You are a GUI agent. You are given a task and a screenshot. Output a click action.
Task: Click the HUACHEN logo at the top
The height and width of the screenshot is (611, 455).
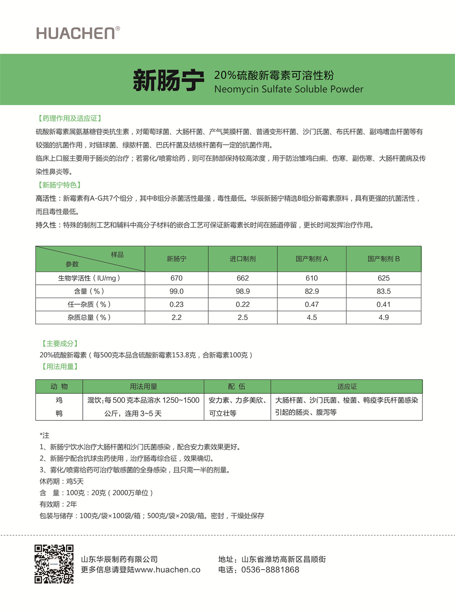(x=78, y=33)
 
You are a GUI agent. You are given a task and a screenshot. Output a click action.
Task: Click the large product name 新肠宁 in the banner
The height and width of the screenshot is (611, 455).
(x=168, y=80)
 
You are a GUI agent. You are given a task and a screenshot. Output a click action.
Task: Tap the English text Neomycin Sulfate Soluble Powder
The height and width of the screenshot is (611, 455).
(x=288, y=89)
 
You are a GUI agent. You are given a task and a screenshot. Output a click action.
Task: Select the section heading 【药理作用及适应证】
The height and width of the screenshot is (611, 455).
(x=69, y=118)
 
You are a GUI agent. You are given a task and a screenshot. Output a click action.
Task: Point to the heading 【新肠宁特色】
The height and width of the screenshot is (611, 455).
(x=59, y=185)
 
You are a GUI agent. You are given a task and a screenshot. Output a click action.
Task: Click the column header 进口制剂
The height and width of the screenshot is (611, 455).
(x=243, y=259)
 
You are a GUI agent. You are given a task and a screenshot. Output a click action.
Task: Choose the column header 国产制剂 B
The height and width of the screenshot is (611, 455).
(x=384, y=259)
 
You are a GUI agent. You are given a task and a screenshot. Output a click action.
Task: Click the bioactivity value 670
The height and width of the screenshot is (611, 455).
(x=177, y=278)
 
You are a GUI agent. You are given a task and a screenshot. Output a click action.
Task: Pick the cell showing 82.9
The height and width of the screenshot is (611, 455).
(x=312, y=291)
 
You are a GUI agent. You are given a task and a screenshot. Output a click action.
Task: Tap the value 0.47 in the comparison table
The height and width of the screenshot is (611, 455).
(x=312, y=305)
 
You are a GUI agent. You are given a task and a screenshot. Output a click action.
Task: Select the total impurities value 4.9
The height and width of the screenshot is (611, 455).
(x=384, y=317)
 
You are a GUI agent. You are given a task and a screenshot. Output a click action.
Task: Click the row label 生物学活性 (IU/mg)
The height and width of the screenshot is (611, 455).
(x=89, y=278)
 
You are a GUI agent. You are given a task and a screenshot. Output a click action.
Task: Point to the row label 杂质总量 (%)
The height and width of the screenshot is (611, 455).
(x=89, y=317)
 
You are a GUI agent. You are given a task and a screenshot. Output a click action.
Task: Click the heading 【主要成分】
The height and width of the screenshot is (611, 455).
(x=60, y=344)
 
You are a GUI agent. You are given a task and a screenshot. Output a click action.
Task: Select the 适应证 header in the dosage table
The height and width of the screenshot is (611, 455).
(x=347, y=386)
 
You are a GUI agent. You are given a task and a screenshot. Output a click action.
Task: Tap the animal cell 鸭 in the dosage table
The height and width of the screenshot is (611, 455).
(x=59, y=413)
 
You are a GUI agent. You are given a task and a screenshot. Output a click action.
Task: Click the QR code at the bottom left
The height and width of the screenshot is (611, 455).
(x=54, y=564)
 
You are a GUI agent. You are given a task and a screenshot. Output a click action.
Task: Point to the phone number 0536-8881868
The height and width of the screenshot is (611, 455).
(x=270, y=570)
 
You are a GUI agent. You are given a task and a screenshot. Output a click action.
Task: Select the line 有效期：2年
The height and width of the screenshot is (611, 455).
(x=58, y=504)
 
